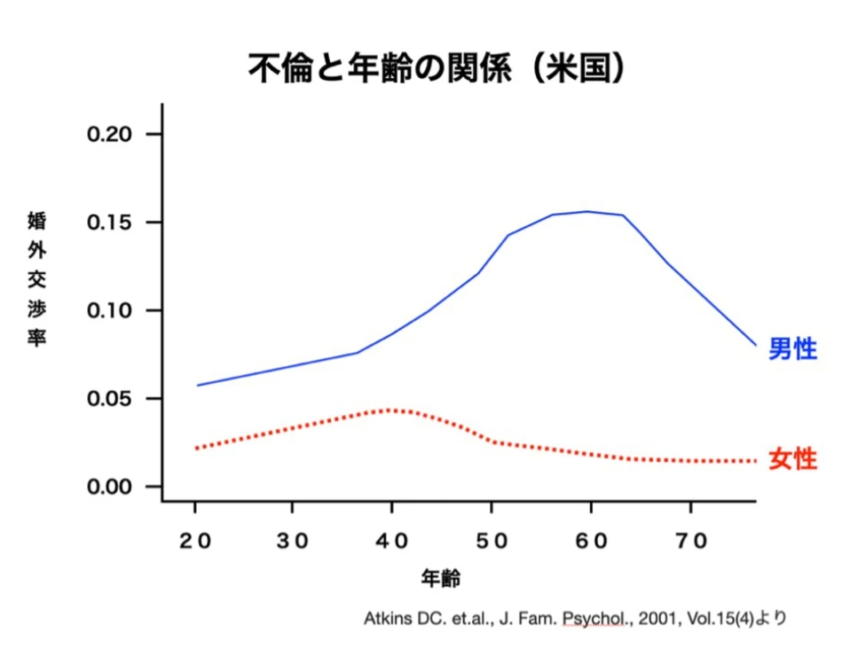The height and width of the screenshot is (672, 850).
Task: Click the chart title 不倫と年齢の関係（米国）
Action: coord(424,67)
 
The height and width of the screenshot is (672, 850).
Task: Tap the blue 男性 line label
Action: coord(792,348)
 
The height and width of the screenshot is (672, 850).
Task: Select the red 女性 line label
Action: coord(792,459)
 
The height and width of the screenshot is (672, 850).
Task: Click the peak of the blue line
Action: coord(586,211)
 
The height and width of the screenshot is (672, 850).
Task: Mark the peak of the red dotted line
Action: coord(390,410)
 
